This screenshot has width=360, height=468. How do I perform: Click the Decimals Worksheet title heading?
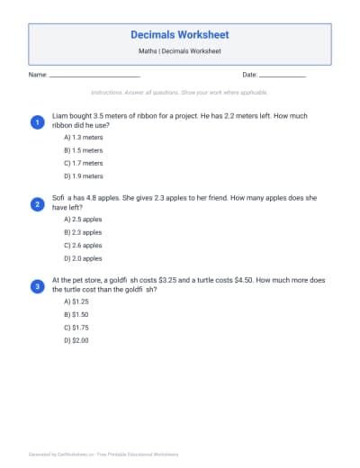point(180,35)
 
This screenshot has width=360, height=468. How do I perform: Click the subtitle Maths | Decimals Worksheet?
point(180,51)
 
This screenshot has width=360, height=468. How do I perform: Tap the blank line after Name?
point(94,76)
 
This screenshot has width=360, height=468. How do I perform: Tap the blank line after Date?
point(283,76)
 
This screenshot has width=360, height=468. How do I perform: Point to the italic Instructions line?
point(180,93)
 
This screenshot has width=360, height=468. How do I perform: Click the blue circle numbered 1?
point(37,121)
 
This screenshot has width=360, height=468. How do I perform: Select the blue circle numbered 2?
point(37,204)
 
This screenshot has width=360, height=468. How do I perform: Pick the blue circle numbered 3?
point(37,286)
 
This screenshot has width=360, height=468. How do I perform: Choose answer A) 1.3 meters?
point(84,138)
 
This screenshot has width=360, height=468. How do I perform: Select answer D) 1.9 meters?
point(84,176)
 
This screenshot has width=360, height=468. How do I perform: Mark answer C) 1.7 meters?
point(84,164)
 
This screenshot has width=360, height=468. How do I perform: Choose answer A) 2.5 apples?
point(83,219)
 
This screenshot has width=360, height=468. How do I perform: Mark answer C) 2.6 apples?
point(83,245)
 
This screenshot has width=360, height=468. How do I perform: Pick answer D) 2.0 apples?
point(83,258)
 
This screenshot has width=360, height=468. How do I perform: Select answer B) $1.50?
point(76,315)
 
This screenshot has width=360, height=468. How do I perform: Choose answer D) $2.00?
point(76,341)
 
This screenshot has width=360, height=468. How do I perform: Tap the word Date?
point(250,75)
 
